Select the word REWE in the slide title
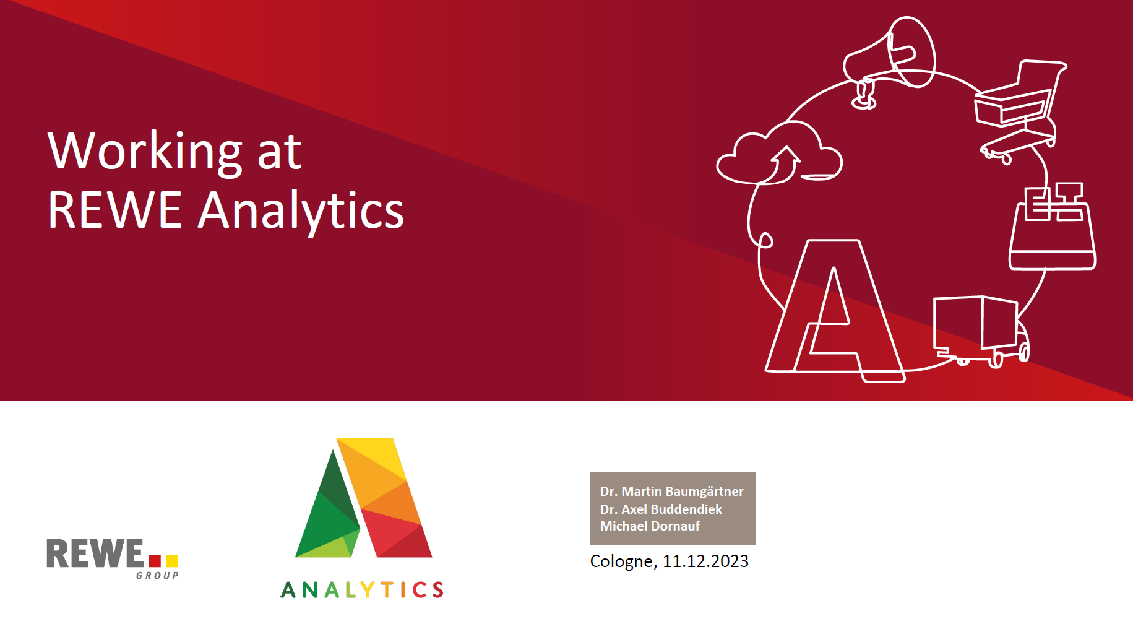pyautogui.click(x=114, y=210)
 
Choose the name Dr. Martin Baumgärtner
pyautogui.click(x=671, y=492)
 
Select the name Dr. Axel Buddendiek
pyautogui.click(x=661, y=509)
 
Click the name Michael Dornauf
pyautogui.click(x=650, y=526)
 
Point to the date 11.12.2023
pyautogui.click(x=705, y=561)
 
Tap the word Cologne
pyautogui.click(x=621, y=561)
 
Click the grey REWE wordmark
pyautogui.click(x=95, y=553)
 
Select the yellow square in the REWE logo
pyautogui.click(x=172, y=561)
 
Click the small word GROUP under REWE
pyautogui.click(x=157, y=576)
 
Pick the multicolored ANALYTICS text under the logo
pyautogui.click(x=362, y=590)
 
